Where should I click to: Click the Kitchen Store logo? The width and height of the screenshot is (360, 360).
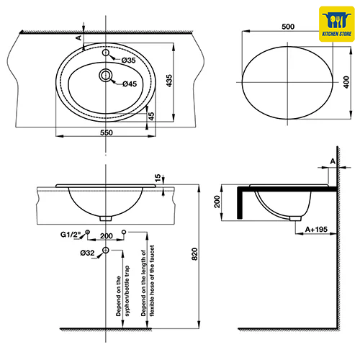tap(337, 24)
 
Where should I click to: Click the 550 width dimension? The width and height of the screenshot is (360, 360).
tap(107, 132)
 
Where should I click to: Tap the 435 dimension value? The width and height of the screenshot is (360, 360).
tap(169, 81)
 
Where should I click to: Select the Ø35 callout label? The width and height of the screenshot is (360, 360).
tap(128, 60)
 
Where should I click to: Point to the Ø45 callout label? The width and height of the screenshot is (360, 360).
tap(130, 84)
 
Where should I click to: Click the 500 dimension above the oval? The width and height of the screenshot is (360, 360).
tap(288, 27)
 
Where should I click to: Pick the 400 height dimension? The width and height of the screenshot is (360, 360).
tap(346, 82)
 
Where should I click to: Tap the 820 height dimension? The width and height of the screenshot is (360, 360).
tap(194, 254)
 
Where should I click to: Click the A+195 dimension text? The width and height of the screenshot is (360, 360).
tap(316, 230)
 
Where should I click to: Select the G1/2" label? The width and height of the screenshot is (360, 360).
tap(71, 234)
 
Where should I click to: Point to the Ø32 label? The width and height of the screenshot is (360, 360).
tap(87, 253)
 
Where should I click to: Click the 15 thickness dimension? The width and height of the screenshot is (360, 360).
tap(158, 178)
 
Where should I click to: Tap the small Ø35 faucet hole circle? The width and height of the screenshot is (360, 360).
tap(106, 53)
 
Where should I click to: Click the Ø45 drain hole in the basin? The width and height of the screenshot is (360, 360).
tap(106, 76)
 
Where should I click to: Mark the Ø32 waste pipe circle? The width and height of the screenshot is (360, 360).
tap(106, 250)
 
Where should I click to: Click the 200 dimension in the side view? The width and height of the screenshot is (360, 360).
tap(217, 202)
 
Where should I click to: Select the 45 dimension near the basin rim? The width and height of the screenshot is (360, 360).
tap(151, 116)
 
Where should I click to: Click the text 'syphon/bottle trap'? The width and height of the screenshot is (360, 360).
tap(127, 291)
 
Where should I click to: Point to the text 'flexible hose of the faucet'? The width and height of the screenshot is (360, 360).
tap(152, 281)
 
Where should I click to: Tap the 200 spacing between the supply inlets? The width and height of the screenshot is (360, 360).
tap(107, 236)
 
